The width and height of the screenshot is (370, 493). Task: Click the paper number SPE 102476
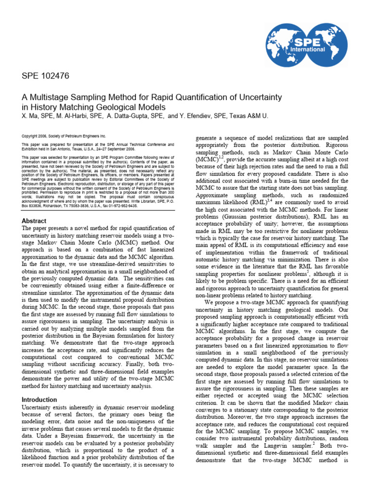tap(46, 76)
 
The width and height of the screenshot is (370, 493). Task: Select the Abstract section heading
tap(34, 221)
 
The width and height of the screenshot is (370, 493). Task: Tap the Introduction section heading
tap(40, 400)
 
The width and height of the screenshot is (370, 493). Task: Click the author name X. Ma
tap(30, 116)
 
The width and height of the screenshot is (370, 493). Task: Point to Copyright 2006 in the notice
tap(36, 136)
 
